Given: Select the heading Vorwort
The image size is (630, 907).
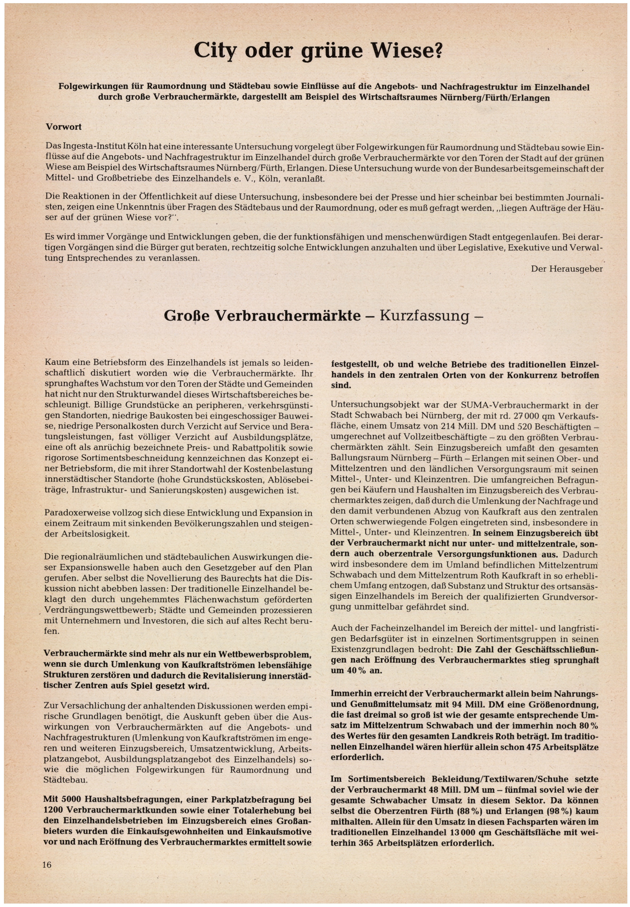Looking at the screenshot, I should (64, 127).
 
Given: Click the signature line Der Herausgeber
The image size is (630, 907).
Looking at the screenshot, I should (567, 269).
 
